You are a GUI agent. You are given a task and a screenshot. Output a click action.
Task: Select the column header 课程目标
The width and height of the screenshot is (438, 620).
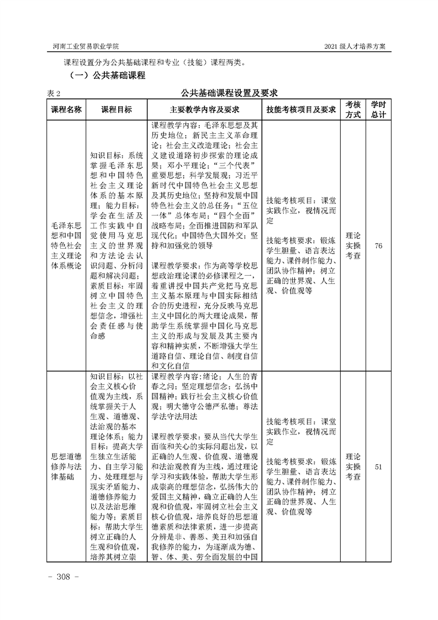[x=116, y=109]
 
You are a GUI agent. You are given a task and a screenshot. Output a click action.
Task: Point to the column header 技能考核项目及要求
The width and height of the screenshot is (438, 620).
[x=300, y=109]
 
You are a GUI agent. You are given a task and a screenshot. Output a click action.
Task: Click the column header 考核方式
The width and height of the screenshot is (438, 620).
[x=353, y=109]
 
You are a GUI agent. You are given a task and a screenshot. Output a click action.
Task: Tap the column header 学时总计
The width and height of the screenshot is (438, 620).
[x=378, y=109]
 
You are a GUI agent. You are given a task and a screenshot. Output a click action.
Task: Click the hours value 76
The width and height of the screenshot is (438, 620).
[x=378, y=246]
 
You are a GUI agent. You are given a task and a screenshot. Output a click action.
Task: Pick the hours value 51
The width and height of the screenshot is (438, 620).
[x=378, y=467]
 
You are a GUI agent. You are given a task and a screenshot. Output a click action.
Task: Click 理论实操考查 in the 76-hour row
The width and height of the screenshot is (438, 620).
[x=353, y=246]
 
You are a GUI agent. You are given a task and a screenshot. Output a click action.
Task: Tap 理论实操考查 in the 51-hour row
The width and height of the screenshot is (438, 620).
[x=353, y=467]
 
